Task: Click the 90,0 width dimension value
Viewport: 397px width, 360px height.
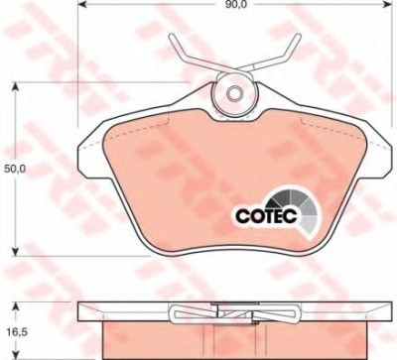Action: click(x=234, y=4)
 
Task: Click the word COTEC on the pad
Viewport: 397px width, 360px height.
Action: click(x=266, y=216)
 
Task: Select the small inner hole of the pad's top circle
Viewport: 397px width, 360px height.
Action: click(x=234, y=92)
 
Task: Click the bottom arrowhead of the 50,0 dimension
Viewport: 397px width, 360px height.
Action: click(x=15, y=250)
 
